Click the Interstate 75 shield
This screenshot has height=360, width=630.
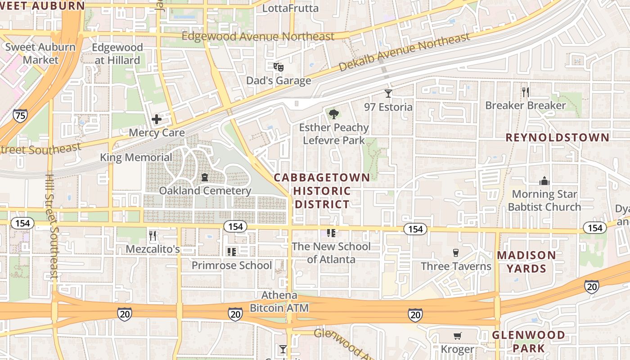point(20,116)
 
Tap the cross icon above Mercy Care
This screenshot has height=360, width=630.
point(157,119)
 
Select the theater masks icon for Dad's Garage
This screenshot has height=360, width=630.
point(279,67)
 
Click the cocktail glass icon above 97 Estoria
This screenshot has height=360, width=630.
point(388,94)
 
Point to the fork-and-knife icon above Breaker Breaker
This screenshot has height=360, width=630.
point(525,92)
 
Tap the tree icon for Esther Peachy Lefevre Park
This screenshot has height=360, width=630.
point(333,114)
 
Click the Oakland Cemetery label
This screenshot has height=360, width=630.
point(205,191)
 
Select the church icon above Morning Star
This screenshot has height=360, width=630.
point(544,181)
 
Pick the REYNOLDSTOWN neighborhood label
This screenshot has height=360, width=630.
point(558,138)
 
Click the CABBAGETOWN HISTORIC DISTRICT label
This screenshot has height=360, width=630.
point(322,191)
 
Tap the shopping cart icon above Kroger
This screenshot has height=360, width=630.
point(457,336)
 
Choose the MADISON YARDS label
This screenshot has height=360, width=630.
point(526,262)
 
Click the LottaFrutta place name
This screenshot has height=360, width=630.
point(290,8)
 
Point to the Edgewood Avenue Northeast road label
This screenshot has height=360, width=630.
point(258,36)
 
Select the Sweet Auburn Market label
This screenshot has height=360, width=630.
point(40,53)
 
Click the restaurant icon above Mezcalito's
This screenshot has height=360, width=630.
point(153,235)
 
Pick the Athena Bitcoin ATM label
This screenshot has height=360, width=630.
point(279,301)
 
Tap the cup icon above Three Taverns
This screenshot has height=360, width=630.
point(455,253)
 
